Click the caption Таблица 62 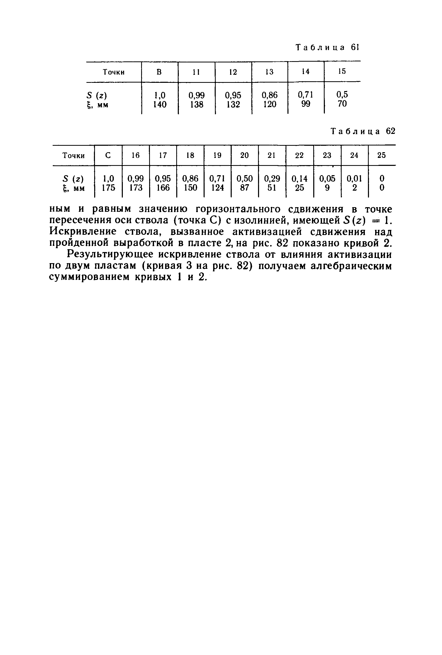[x=363, y=131]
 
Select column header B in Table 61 [x=159, y=72]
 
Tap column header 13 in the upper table [x=269, y=72]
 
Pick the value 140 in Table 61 [x=159, y=104]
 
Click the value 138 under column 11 [x=196, y=104]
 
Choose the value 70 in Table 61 [x=342, y=104]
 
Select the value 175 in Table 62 [x=109, y=188]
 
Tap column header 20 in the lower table [x=244, y=155]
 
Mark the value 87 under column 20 [x=244, y=188]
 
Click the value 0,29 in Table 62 [x=272, y=179]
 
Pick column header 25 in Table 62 [x=381, y=155]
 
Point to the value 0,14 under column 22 [x=299, y=179]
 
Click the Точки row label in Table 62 [x=73, y=156]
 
